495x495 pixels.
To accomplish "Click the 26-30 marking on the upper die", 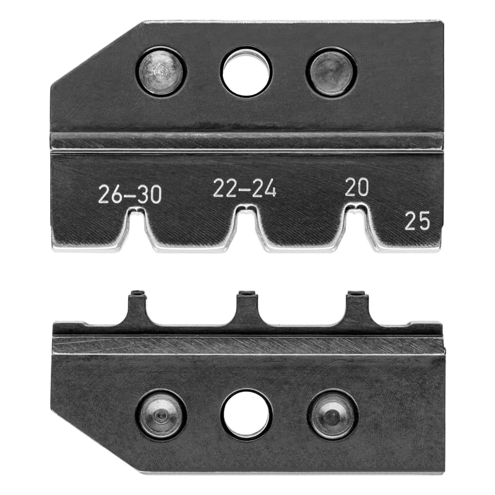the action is (x=130, y=194).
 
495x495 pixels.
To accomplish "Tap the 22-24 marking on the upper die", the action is (x=244, y=189).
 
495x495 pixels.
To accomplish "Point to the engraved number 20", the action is (x=356, y=187).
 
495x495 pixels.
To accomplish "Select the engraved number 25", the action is (x=417, y=220).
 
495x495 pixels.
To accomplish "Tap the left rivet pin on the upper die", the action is (x=161, y=71).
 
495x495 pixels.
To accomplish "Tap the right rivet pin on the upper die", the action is (x=331, y=71).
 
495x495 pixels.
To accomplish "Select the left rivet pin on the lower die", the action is (x=161, y=415).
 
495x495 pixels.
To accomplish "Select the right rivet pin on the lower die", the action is (x=333, y=415).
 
